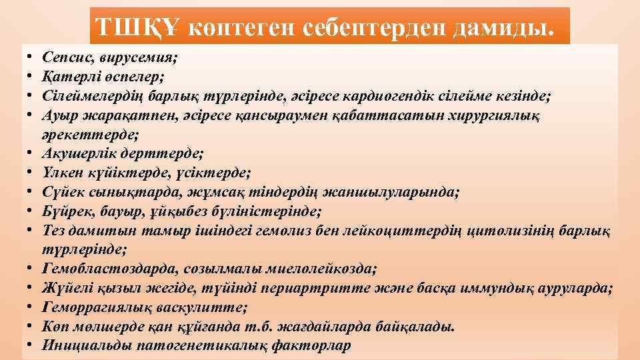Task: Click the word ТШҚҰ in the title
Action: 136,27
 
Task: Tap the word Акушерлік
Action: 75,154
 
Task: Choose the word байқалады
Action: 421,327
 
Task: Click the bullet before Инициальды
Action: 31,346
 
